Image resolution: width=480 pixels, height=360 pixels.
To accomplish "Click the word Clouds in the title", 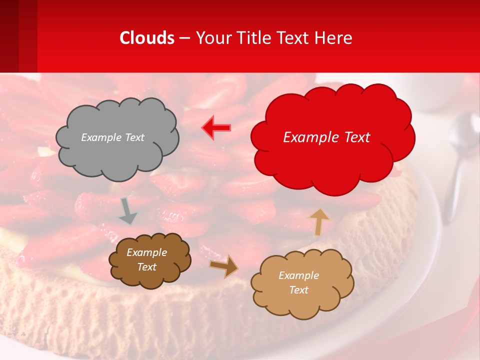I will point(147,38).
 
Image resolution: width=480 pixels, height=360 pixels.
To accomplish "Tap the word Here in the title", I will point(334,38).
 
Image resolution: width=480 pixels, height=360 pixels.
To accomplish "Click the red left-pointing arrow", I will point(216,127).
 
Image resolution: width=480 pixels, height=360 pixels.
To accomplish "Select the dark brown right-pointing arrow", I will point(223,266).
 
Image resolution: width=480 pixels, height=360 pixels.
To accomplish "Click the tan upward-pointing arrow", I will point(319,221).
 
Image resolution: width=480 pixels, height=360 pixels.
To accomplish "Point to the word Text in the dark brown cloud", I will point(147,267).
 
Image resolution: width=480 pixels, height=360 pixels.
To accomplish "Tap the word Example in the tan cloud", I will point(298,275).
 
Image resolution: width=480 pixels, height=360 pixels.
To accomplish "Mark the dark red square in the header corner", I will point(9,35).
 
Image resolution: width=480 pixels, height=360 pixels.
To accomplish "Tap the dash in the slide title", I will point(184,38).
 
